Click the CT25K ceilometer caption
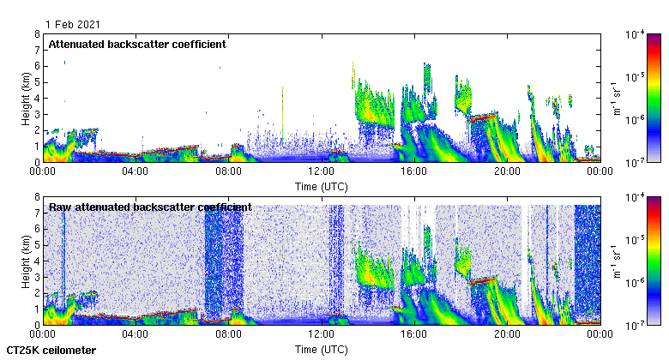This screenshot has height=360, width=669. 51,351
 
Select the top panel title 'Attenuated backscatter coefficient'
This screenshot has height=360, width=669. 137,44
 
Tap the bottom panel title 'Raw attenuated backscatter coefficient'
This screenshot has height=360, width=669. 150,207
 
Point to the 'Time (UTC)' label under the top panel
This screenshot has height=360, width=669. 321,186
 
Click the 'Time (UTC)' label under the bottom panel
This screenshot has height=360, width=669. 321,350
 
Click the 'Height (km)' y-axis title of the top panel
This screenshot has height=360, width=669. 27,98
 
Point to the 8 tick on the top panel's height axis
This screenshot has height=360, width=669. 36,34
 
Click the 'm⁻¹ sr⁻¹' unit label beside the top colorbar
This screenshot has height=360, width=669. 615,98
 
